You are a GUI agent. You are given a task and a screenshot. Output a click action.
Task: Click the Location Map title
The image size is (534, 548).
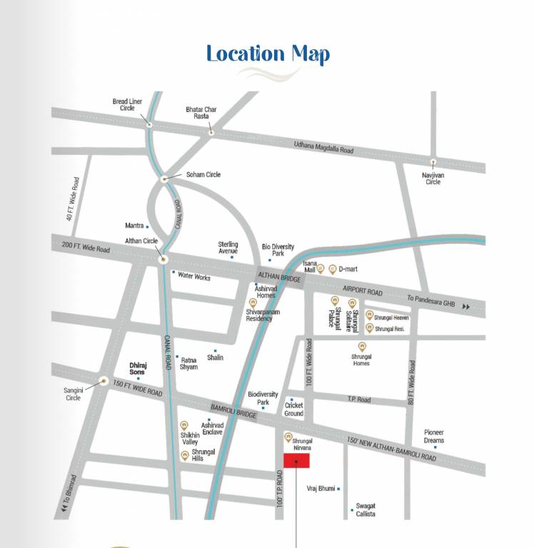coord(268,54)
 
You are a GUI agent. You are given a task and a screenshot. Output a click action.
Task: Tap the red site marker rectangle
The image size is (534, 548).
coord(296,462)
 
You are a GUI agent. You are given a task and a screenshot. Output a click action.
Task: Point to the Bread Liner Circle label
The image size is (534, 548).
coord(127,105)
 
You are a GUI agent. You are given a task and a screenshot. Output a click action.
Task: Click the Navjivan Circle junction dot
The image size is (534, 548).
coord(433,162)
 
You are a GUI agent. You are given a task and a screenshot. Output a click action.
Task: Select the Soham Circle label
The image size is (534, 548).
coord(203,175)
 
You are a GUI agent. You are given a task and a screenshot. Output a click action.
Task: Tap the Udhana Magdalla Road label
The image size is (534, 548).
coord(323,147)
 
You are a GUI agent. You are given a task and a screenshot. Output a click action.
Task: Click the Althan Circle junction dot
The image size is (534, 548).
coord(163,259)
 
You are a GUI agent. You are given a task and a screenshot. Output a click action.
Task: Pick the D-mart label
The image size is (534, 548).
coord(348,269)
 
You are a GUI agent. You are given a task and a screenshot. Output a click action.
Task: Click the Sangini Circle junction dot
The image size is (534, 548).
coord(104,381)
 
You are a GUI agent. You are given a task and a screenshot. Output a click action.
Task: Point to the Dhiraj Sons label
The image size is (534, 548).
coord(137,368)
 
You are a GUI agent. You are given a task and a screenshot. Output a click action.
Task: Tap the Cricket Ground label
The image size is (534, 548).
coord(293,409)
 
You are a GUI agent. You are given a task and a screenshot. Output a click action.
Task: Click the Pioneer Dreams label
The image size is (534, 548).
coord(433,436)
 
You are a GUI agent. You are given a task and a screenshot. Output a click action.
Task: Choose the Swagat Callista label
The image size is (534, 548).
coord(366,509)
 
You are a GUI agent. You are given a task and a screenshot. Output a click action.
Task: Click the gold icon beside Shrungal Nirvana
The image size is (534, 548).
coord(288,437)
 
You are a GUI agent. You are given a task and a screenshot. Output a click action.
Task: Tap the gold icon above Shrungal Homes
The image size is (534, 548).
coord(361,346)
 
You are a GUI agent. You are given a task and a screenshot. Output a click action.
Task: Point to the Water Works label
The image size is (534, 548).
coord(194,276)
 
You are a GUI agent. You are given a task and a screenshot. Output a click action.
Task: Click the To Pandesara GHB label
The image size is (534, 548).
coord(430,303)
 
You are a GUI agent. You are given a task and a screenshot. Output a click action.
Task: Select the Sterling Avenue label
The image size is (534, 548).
coord(228,248)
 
